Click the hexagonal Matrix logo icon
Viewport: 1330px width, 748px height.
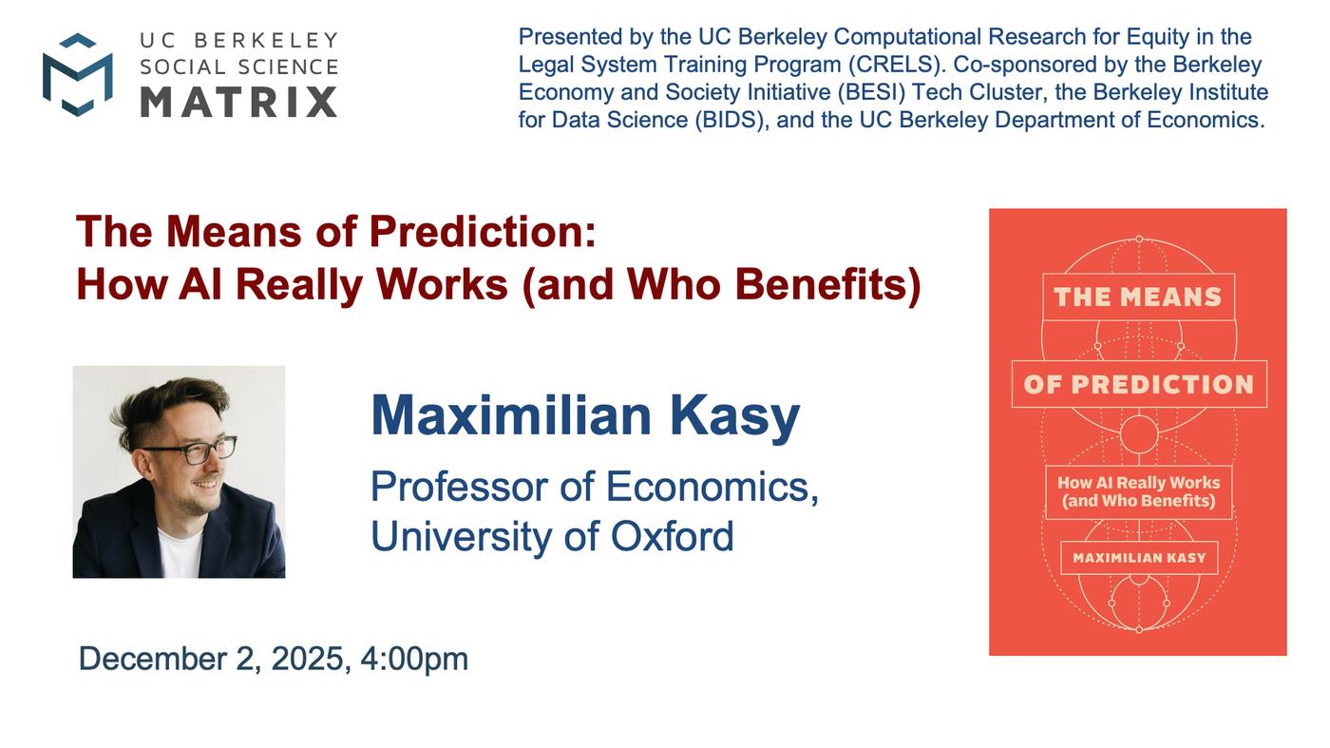tap(78, 75)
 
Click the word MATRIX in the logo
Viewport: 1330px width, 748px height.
tap(239, 102)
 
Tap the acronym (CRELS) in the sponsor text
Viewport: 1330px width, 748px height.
tap(896, 65)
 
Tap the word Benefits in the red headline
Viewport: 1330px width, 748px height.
tap(827, 284)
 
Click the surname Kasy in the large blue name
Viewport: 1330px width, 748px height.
tap(735, 416)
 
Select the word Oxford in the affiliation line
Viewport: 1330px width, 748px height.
tap(673, 536)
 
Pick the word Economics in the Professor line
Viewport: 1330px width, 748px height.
tap(712, 488)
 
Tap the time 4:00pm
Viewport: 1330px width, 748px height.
tap(414, 660)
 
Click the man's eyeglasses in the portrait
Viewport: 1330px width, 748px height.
tap(191, 449)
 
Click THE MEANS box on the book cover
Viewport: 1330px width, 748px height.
tap(1138, 297)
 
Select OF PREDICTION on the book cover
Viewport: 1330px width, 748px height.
tap(1139, 384)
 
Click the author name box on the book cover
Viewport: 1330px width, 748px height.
tap(1139, 558)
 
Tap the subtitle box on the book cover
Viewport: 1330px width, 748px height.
tap(1138, 492)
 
